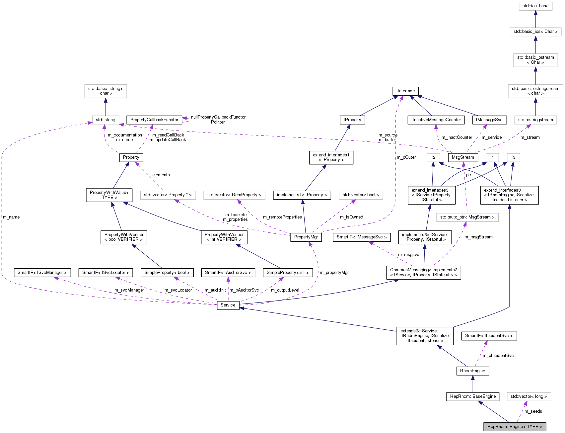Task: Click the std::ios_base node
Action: point(535,6)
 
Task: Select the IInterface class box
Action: point(405,91)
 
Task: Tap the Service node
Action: point(228,305)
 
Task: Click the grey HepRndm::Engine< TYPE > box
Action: point(515,427)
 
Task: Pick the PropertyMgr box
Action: point(306,237)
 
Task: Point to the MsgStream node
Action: point(463,157)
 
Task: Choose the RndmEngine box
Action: point(472,371)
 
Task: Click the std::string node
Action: point(106,120)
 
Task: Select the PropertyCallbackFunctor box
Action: point(154,120)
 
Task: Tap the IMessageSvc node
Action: point(489,120)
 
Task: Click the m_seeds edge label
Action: point(533,411)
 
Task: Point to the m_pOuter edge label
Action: point(406,157)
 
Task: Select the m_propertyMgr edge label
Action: point(334,273)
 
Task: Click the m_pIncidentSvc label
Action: point(498,356)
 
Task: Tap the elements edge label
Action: point(161,175)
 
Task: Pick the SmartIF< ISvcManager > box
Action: point(42,273)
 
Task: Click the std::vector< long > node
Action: point(529,396)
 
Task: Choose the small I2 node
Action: point(433,157)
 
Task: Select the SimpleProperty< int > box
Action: point(288,273)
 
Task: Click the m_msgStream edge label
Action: point(478,237)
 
